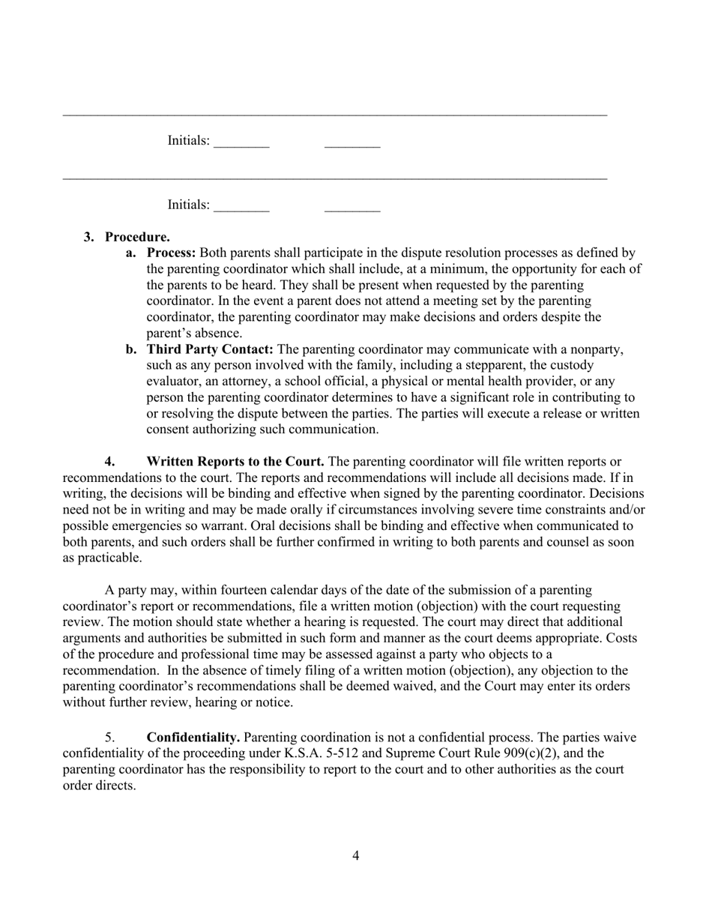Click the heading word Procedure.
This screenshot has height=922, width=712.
tap(137, 238)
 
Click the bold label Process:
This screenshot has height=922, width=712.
tap(171, 253)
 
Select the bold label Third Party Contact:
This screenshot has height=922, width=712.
tap(210, 349)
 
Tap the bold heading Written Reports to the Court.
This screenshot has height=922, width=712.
tap(235, 462)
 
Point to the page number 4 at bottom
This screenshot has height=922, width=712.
tap(355, 855)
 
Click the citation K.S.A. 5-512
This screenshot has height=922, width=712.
tap(310, 753)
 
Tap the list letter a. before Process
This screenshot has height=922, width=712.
tap(131, 253)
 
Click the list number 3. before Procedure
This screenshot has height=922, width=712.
tap(89, 238)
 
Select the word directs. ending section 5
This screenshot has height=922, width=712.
tap(115, 786)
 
